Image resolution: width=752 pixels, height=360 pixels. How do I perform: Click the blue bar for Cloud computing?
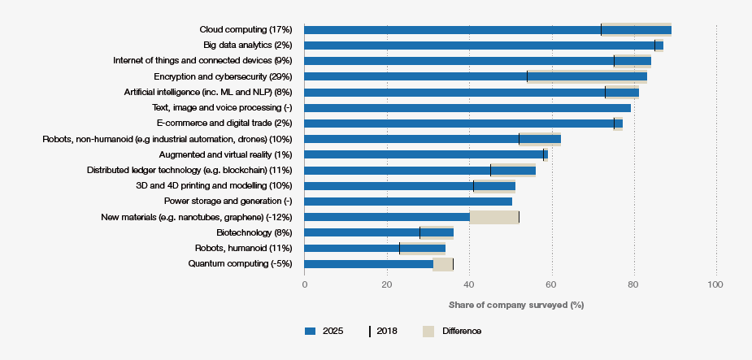tap(488, 30)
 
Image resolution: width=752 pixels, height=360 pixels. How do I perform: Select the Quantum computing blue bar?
tap(368, 264)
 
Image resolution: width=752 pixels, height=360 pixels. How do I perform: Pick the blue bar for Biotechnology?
tap(379, 232)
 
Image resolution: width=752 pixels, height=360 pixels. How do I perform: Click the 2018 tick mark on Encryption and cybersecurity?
tap(527, 76)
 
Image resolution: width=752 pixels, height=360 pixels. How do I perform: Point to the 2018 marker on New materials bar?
tap(519, 217)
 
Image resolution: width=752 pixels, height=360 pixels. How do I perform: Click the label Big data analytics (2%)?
tap(253, 46)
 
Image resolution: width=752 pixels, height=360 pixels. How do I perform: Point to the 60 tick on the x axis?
tap(551, 284)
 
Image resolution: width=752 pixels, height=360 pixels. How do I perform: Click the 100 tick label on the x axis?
tap(715, 284)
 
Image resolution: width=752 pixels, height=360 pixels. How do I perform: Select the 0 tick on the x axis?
tap(305, 284)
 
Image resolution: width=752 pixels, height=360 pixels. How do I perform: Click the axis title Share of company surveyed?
tap(516, 305)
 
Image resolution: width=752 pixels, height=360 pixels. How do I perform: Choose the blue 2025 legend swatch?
tap(309, 332)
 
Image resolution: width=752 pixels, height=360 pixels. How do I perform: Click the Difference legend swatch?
tap(428, 332)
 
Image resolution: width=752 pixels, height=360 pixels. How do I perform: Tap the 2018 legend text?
tap(387, 332)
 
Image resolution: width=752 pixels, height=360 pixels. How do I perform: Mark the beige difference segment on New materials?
tap(494, 217)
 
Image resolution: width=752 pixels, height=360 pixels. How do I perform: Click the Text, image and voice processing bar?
tap(467, 108)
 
